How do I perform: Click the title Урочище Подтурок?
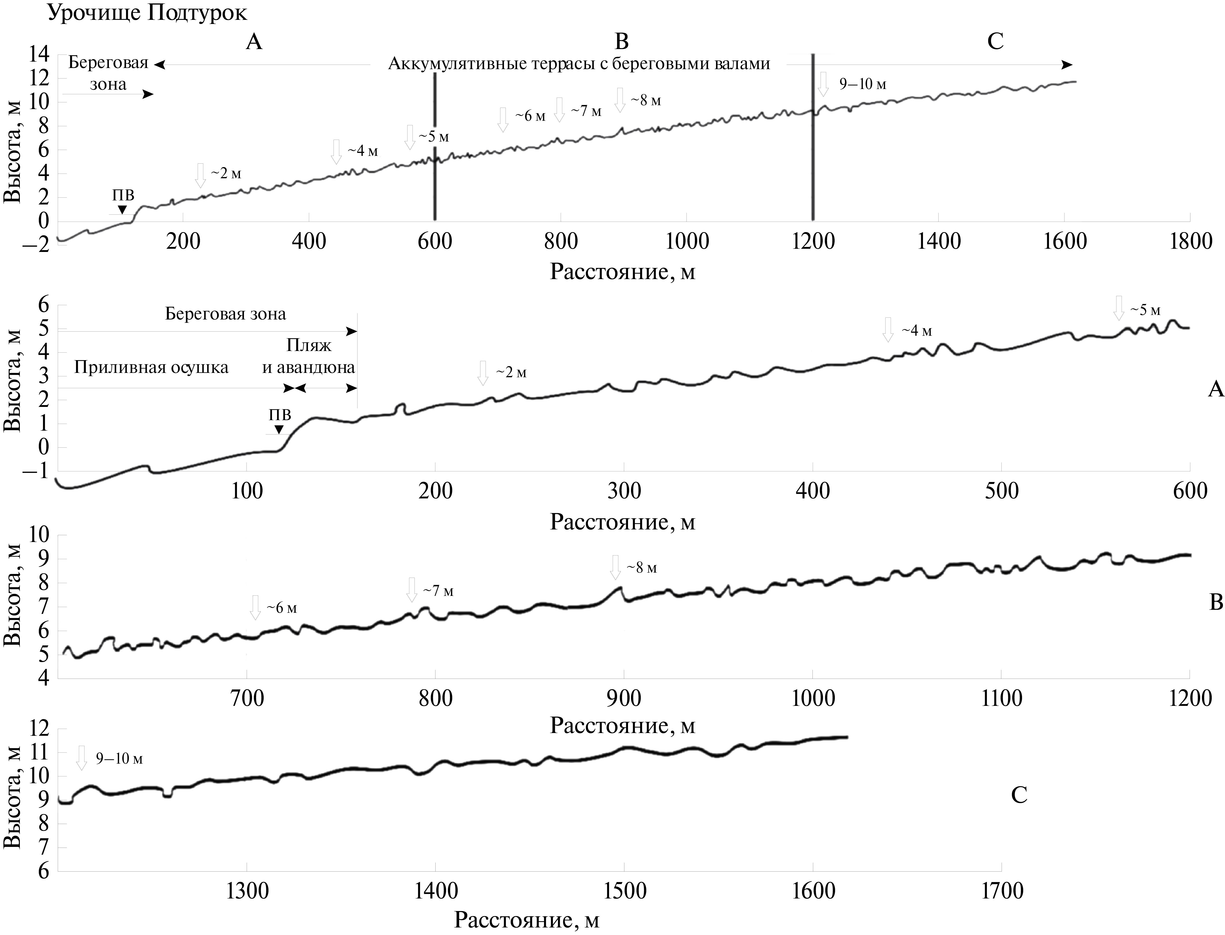147,12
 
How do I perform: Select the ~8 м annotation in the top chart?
646,101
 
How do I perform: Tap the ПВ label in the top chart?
123,195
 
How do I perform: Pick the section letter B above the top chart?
621,41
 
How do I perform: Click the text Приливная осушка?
151,367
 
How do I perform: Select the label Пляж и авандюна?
309,356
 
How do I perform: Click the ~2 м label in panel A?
510,372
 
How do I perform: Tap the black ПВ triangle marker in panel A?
279,429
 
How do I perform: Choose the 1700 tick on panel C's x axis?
1001,891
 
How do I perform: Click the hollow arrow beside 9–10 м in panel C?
82,758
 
